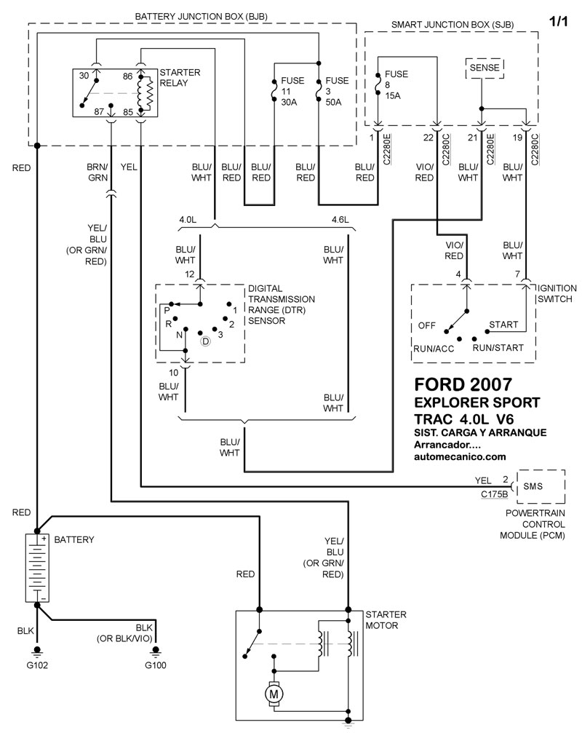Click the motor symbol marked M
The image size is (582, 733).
coord(275,694)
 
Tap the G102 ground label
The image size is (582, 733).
coord(36,665)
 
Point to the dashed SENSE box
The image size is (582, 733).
coord(484,68)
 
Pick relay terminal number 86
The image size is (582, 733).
coord(128,76)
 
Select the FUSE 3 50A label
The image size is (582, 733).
coord(336,91)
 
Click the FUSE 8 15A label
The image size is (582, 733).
coord(396,84)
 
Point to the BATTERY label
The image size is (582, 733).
coord(74,540)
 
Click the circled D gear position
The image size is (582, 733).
coord(206,341)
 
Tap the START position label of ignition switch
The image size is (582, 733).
coord(503,324)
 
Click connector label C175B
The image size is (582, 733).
coord(495,494)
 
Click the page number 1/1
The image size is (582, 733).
coord(558,22)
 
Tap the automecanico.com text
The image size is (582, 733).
coord(459,456)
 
